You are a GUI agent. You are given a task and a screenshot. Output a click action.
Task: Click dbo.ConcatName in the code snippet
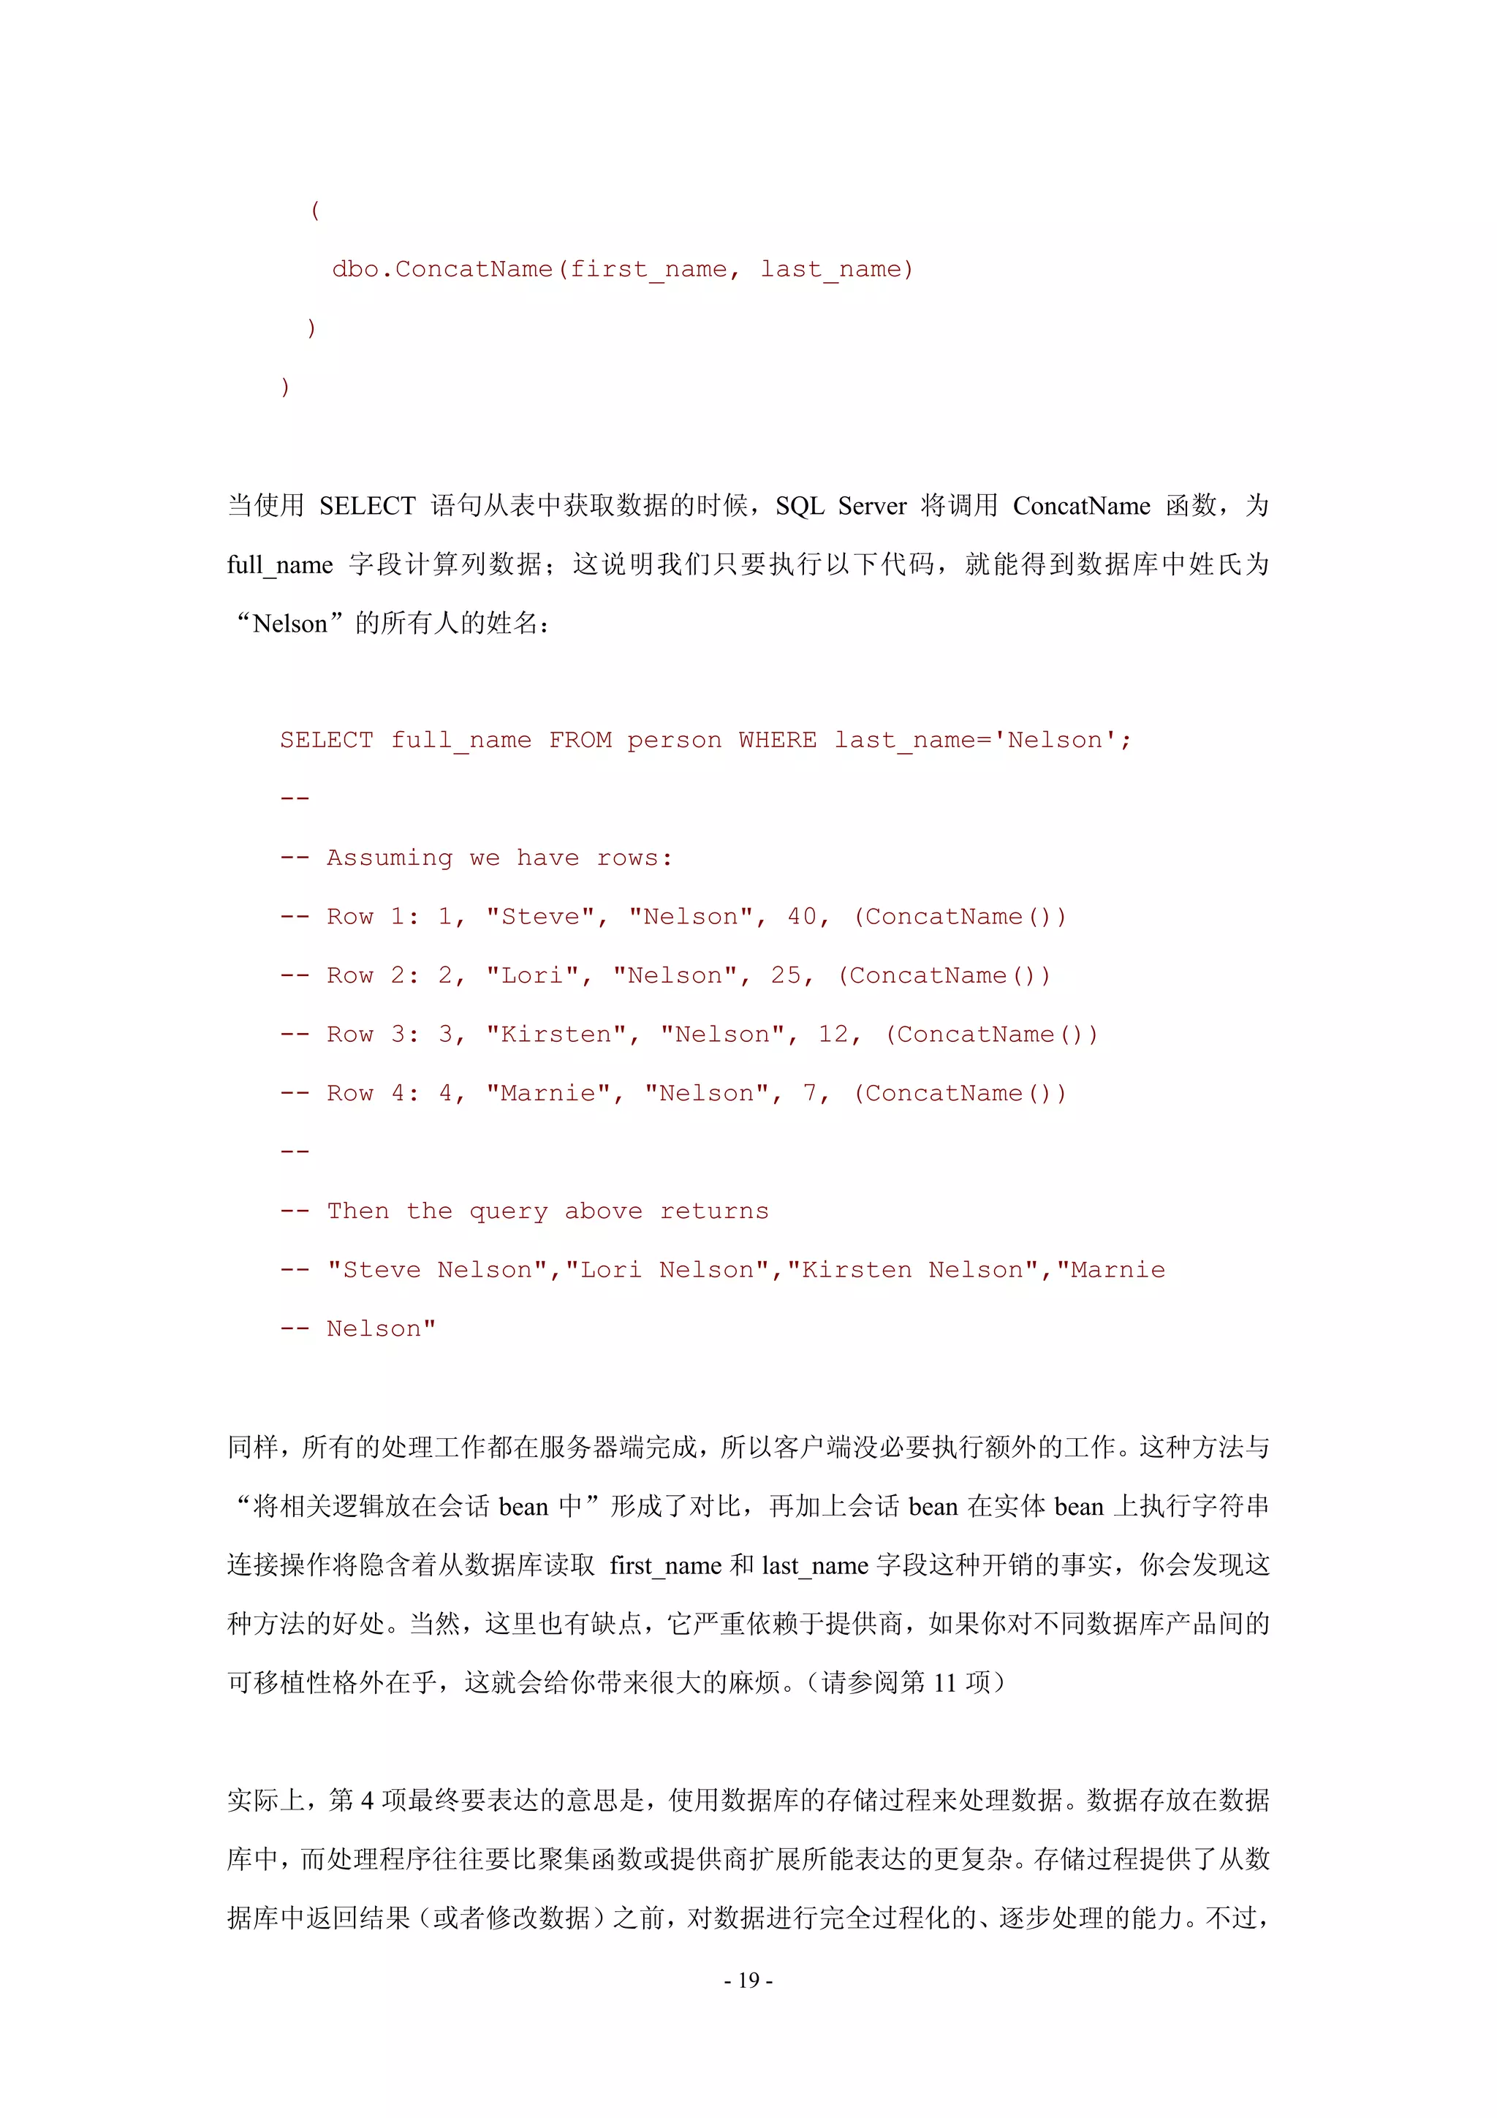[441, 268]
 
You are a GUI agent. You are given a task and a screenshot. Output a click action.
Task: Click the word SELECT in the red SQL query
[327, 740]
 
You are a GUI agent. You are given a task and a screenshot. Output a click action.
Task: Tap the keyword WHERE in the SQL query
[776, 740]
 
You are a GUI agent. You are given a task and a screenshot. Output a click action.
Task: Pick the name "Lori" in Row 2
[533, 975]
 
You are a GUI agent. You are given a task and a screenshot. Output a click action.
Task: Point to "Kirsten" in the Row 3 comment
[556, 1034]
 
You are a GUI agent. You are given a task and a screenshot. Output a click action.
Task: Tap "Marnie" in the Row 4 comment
[549, 1093]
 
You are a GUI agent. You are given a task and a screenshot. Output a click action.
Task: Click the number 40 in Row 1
[802, 916]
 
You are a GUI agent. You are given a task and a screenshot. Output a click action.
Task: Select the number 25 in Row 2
[786, 975]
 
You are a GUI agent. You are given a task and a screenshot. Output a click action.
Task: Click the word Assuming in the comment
[390, 858]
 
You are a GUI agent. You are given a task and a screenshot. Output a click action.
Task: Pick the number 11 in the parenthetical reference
[944, 1682]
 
